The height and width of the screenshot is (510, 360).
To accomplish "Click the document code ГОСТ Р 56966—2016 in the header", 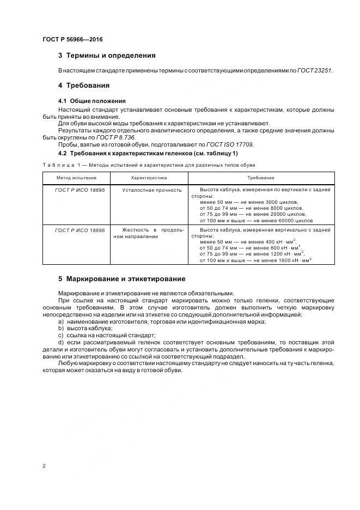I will pos(72,40).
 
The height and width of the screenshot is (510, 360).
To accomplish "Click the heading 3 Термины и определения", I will pos(107,56).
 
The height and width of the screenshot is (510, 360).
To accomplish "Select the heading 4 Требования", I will pos(84,86).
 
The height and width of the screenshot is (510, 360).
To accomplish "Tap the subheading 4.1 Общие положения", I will pos(91,101).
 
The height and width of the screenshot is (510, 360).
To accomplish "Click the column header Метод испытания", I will pos(76,178).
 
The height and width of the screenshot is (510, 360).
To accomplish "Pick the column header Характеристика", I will pos(149,178).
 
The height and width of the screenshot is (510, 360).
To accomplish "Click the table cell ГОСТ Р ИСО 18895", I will pos(80,190).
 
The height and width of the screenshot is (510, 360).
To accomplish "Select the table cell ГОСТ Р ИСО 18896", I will pos(80,230).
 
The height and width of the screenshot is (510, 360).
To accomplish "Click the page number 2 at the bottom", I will pos(44,465).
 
